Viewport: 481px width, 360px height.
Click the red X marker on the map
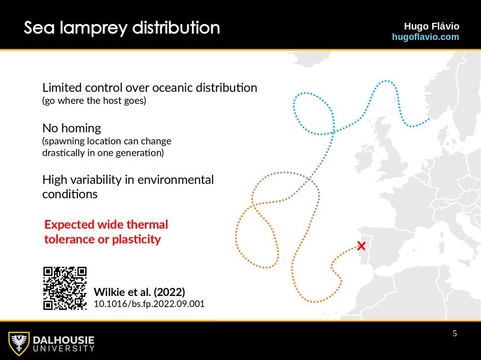361,246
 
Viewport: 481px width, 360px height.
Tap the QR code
65,288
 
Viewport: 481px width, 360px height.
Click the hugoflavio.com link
426,37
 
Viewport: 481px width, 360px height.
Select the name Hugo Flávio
431,26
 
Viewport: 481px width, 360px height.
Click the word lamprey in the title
93,28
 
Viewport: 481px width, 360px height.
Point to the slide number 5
455,334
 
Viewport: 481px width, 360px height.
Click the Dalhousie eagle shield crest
19,344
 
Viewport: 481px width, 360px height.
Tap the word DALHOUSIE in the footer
63,340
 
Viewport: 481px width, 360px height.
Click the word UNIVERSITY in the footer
63,348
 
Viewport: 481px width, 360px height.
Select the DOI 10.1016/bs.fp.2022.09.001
149,304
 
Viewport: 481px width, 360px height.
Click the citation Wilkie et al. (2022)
139,292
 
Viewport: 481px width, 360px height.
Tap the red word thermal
147,224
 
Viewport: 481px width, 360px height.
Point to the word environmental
176,180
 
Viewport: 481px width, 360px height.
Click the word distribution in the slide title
176,27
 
